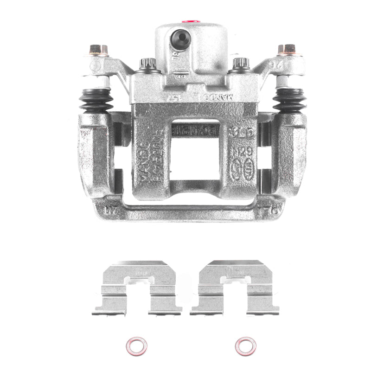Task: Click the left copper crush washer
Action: tap(136, 346)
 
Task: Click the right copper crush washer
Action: tap(245, 346)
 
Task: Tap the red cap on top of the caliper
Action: tap(190, 21)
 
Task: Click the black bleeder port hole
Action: tap(179, 39)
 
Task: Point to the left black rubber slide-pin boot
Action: tap(96, 99)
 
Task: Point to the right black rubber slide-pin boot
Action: tap(289, 99)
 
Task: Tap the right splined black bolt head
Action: tap(240, 63)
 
